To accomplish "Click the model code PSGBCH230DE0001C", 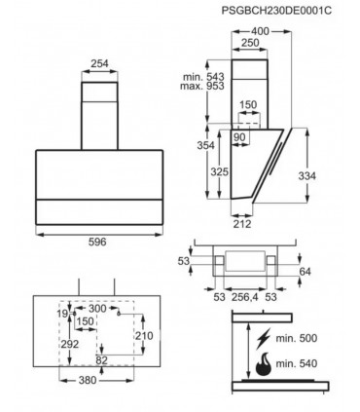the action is [x=276, y=11].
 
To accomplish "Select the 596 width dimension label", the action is [x=97, y=242].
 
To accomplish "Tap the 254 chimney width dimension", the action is [x=99, y=63].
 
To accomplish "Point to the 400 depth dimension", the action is [x=260, y=31].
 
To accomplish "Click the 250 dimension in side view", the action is [x=250, y=43].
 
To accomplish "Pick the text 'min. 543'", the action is [x=203, y=77].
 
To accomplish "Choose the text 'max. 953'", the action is [x=202, y=86].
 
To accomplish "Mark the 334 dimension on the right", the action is [x=306, y=176].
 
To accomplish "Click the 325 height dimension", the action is [x=220, y=171].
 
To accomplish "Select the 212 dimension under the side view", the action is [x=242, y=224].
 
